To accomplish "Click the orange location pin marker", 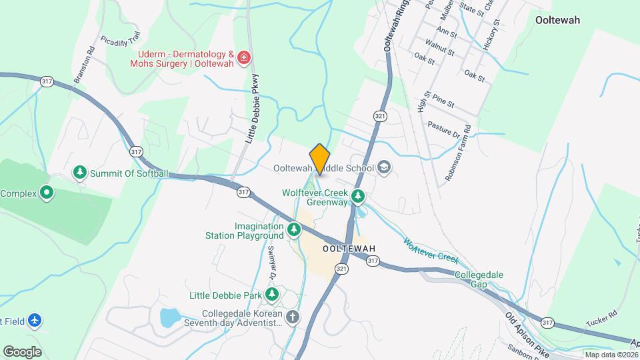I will click(320, 159).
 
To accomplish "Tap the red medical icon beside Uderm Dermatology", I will click(244, 58).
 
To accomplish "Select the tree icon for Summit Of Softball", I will click(80, 173).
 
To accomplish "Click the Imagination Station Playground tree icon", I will click(294, 231).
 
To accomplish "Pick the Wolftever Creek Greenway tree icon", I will click(359, 197).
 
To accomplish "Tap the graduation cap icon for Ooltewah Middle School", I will click(384, 167).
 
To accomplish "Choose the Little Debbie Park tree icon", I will click(271, 294).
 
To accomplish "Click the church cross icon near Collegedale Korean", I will click(293, 317).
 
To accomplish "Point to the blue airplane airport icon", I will click(35, 321).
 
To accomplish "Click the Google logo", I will click(22, 351).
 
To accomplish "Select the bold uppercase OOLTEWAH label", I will click(349, 249).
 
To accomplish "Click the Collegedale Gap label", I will click(479, 279).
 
